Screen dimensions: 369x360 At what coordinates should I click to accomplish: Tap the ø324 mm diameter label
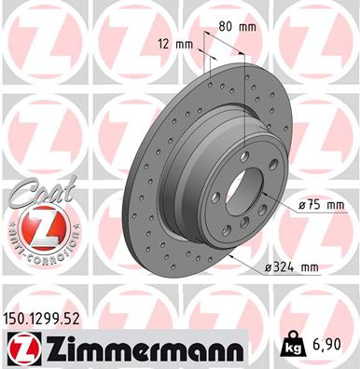pyautogui.click(x=290, y=267)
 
